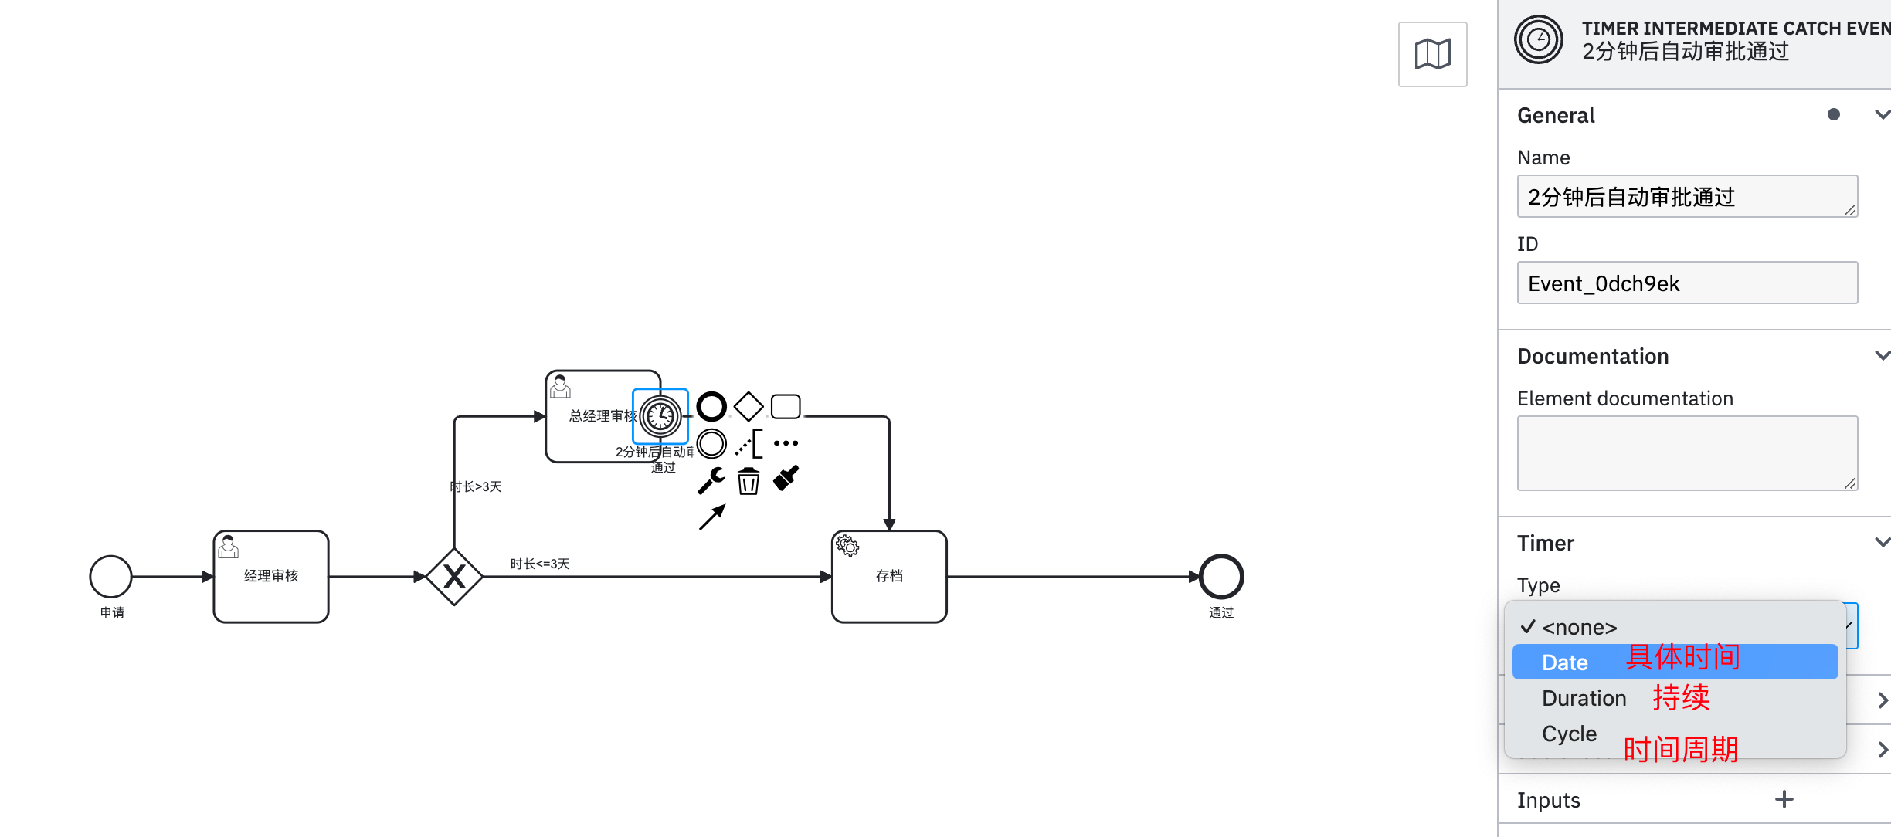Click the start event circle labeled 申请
(110, 577)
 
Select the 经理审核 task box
(271, 577)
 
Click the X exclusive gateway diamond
(454, 577)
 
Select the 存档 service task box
(889, 577)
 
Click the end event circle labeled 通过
(1220, 577)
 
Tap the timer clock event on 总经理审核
(660, 416)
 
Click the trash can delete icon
(748, 481)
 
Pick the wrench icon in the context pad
(711, 480)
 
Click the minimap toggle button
(1432, 54)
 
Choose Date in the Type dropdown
(1565, 662)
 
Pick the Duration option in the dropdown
(1584, 698)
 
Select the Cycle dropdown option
(1569, 734)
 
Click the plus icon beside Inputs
(1784, 800)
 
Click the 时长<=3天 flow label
(540, 564)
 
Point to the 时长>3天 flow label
(477, 487)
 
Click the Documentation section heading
(1593, 356)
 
